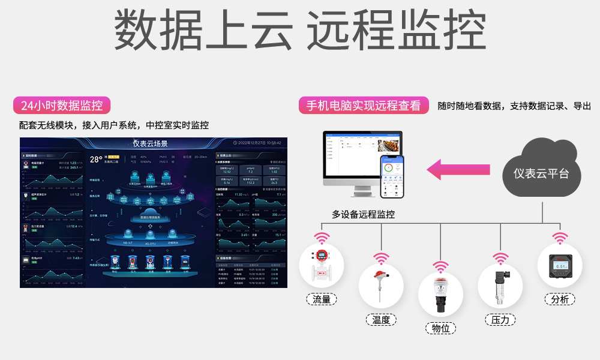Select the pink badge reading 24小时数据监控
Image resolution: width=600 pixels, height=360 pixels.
pos(62,106)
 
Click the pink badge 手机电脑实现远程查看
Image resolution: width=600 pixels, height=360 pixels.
pos(364,106)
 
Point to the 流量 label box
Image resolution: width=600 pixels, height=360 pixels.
pos(322,299)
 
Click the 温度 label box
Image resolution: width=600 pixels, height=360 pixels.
pos(381,320)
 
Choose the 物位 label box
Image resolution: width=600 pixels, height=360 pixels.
pos(441,328)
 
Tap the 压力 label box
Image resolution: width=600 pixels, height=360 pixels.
pos(500,320)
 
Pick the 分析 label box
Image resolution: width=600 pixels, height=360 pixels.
pos(560,299)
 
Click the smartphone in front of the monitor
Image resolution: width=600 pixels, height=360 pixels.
pos(392,176)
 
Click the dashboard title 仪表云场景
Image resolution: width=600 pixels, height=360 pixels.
pos(150,143)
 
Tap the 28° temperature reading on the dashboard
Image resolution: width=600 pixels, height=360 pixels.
pos(96,160)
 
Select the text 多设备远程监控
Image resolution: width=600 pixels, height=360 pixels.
pos(363,214)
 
